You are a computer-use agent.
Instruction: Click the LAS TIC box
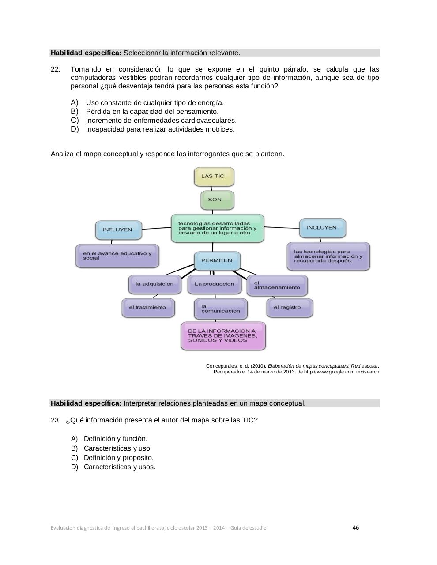(x=214, y=177)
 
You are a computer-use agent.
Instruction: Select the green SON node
(x=217, y=200)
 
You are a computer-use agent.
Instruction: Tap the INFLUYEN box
(x=118, y=230)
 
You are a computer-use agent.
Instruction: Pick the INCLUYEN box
(x=322, y=228)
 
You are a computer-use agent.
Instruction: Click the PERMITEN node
(x=217, y=260)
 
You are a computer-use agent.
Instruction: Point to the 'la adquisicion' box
(x=154, y=284)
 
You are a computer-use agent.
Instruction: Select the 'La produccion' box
(x=215, y=284)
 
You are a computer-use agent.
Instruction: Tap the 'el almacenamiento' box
(x=277, y=285)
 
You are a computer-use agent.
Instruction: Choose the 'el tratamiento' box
(x=148, y=308)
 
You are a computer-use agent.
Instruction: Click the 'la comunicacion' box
(x=220, y=309)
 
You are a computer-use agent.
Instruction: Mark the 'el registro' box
(x=289, y=308)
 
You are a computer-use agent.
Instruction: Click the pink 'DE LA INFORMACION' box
(x=223, y=336)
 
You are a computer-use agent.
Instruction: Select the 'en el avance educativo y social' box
(x=117, y=256)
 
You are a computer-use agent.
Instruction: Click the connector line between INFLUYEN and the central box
(x=157, y=228)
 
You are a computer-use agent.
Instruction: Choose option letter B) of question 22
(x=74, y=111)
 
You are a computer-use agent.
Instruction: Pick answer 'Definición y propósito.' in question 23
(x=118, y=458)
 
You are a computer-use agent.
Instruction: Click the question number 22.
(x=55, y=69)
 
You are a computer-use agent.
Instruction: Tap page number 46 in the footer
(x=356, y=527)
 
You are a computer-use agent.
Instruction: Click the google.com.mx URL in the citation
(x=341, y=372)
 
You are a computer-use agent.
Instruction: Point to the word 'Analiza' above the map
(x=63, y=154)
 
